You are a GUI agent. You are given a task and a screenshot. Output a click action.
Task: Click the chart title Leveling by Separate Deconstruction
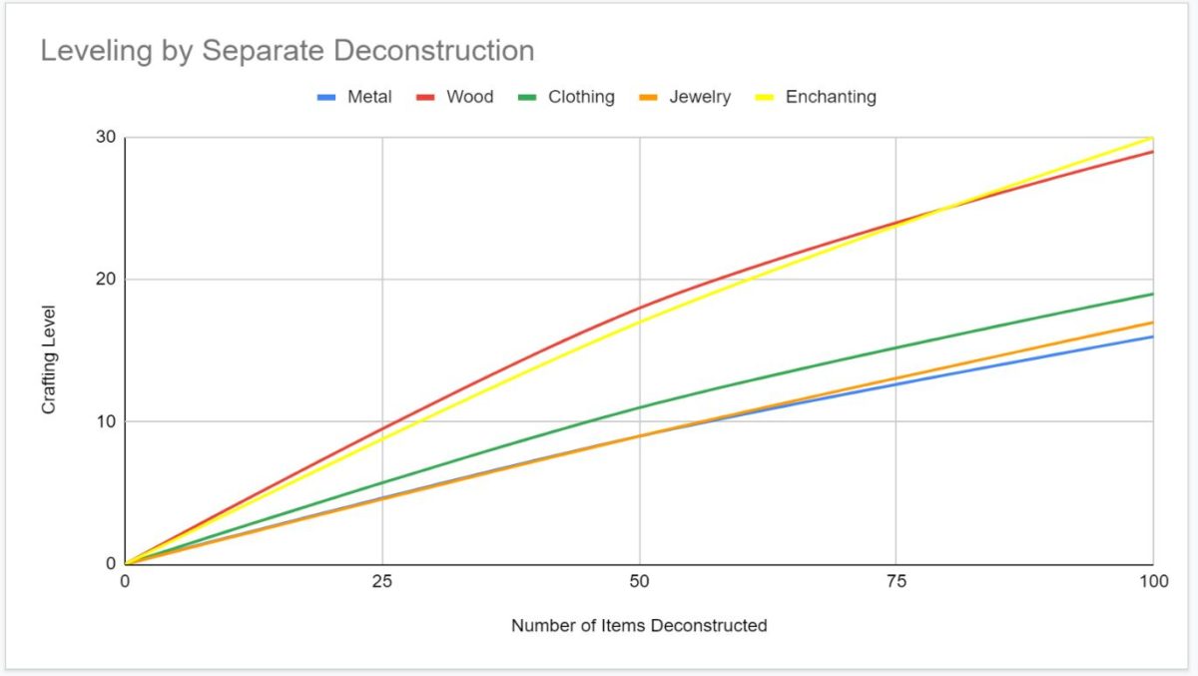[287, 51]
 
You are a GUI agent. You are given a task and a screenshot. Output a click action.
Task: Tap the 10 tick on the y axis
[106, 421]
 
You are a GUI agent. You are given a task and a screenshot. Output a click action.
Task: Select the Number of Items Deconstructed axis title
[639, 626]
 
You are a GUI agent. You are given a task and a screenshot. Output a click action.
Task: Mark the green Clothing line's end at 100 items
[1152, 294]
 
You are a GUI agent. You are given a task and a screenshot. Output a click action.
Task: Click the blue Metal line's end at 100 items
[1152, 337]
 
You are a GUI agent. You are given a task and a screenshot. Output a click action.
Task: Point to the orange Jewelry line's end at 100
[1152, 323]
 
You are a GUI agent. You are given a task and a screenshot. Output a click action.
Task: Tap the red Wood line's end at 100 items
[1152, 152]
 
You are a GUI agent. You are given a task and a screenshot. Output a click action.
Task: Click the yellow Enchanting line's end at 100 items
[1152, 138]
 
